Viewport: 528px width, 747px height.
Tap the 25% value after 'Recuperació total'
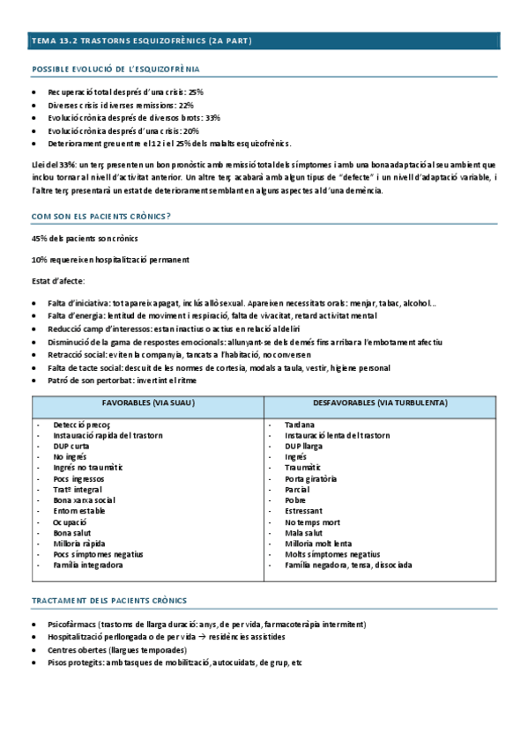click(x=195, y=91)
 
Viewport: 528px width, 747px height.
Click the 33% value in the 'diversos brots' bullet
click(x=212, y=117)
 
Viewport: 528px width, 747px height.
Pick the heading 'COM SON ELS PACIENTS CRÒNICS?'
click(x=101, y=215)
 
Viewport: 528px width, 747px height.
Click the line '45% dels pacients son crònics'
click(x=84, y=239)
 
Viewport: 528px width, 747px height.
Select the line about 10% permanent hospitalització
click(x=110, y=260)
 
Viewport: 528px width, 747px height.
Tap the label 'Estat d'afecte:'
click(x=60, y=280)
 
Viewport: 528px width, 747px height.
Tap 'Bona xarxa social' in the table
click(x=84, y=499)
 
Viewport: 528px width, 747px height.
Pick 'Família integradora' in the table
click(x=87, y=565)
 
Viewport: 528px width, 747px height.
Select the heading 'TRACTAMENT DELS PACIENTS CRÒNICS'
click(x=109, y=601)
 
